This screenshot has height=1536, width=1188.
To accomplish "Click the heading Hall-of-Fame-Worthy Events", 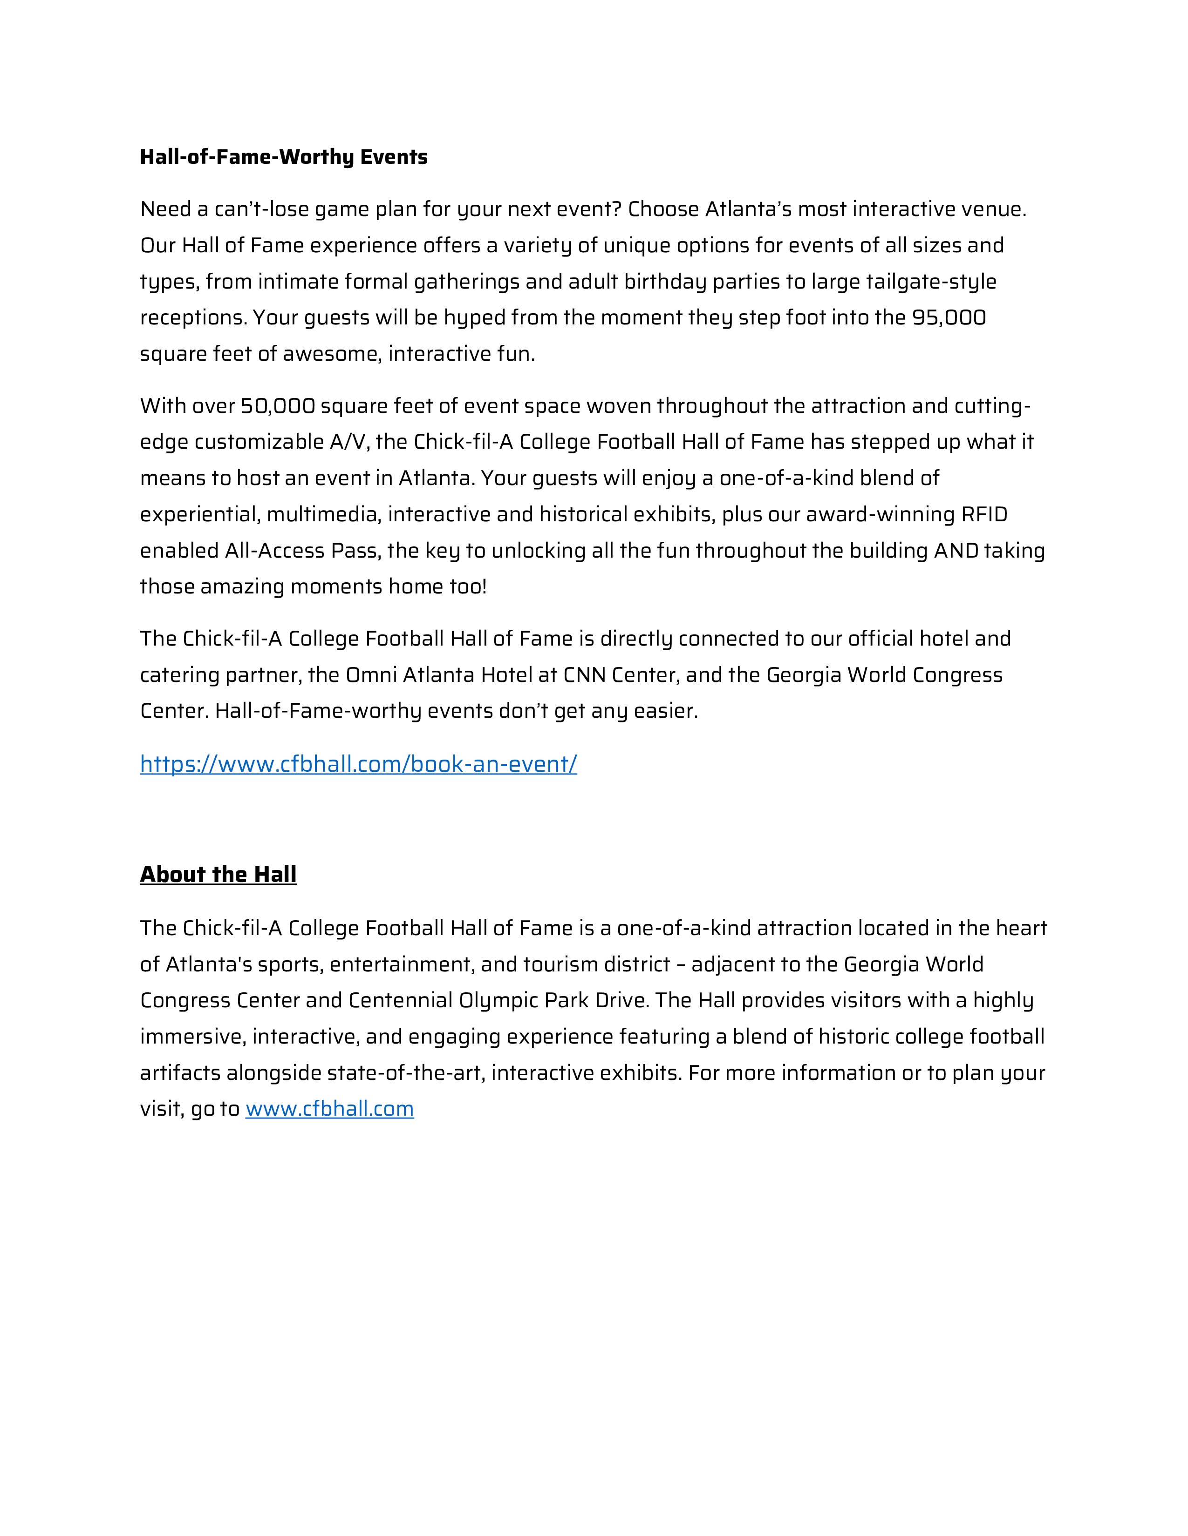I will (284, 157).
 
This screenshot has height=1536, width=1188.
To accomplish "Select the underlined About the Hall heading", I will (218, 874).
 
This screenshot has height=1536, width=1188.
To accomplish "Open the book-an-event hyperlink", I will (358, 764).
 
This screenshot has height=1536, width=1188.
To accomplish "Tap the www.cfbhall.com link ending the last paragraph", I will (329, 1109).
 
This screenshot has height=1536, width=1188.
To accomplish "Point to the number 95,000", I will (949, 318).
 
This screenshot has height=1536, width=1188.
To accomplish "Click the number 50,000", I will (278, 406).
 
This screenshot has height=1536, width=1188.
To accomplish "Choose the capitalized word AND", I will (956, 551).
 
